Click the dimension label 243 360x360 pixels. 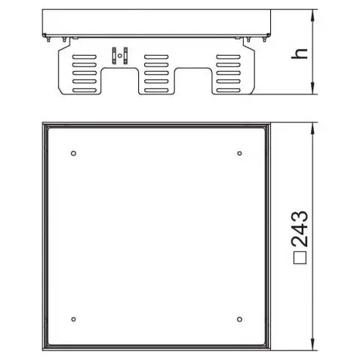(300, 229)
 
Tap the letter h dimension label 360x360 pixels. (300, 54)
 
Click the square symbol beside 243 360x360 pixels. (300, 257)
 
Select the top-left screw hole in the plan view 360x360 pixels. (73, 153)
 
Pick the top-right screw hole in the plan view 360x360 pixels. (239, 153)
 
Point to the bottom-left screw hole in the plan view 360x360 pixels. (73, 319)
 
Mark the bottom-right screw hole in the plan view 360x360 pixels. (239, 319)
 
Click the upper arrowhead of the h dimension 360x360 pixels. (312, 16)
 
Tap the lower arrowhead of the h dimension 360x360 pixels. (312, 88)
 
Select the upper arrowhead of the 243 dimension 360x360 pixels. (312, 129)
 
